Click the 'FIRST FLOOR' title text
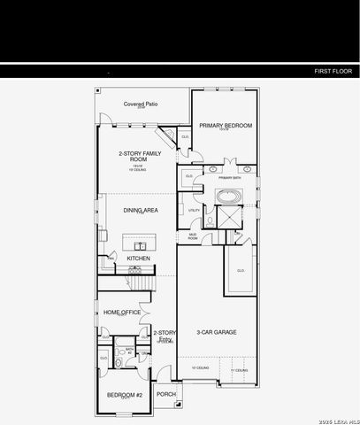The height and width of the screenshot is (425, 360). coord(333,70)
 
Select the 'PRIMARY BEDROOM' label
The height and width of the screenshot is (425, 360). coord(225,126)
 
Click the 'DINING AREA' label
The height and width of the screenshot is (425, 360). coord(140,210)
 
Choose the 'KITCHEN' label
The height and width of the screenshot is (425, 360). coord(138,258)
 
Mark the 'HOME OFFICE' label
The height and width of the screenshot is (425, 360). coord(122,312)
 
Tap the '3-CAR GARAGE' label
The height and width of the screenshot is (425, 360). coord(218,332)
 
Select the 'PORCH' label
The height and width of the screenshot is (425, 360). coord(165,394)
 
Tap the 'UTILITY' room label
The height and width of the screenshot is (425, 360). coord(194,210)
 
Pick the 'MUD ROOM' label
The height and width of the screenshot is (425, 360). coord(193,236)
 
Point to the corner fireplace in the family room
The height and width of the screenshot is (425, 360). coord(166,136)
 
